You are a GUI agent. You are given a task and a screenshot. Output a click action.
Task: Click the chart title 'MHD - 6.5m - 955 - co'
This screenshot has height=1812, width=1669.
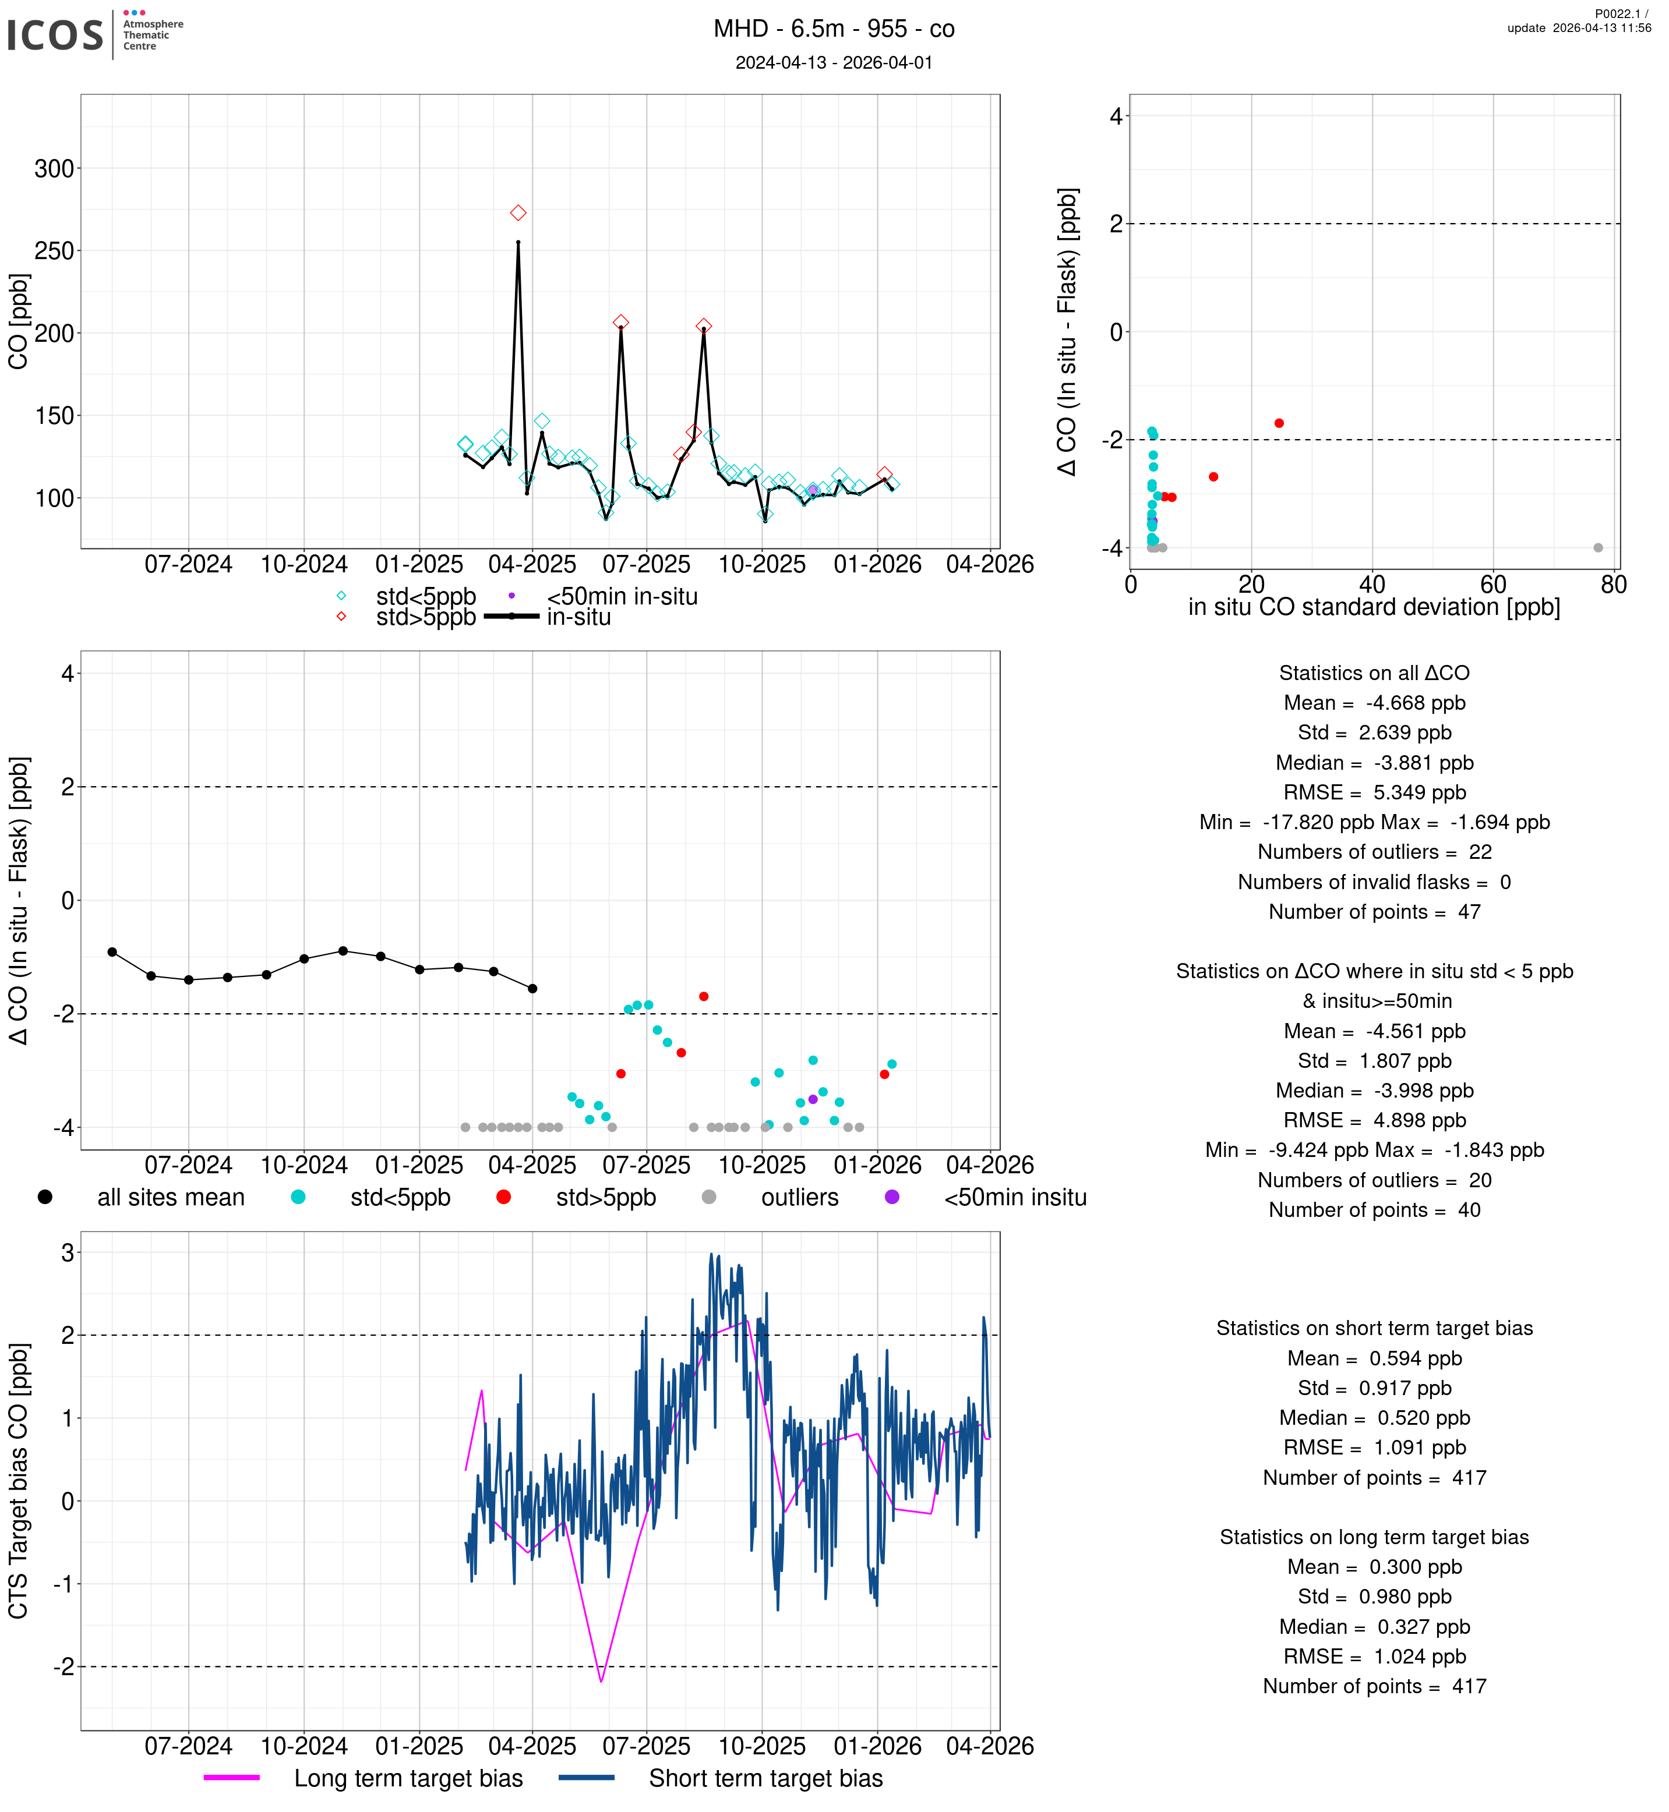pos(834,29)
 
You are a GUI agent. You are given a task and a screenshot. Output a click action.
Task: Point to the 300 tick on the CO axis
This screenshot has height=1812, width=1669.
pos(54,169)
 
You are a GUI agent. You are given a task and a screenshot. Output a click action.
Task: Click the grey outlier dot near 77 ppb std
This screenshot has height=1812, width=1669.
pos(1598,548)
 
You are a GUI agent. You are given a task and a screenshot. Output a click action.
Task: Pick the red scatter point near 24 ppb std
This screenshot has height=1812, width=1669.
pos(1279,423)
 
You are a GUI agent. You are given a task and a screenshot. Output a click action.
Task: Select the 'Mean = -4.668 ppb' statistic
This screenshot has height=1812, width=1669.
pos(1374,703)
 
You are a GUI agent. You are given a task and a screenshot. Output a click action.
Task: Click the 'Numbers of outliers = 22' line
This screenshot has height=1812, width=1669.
pos(1374,852)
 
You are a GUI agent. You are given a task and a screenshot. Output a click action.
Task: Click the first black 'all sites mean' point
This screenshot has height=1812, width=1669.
pos(112,953)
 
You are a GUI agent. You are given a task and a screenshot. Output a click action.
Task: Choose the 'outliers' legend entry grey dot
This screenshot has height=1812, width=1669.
pos(709,1197)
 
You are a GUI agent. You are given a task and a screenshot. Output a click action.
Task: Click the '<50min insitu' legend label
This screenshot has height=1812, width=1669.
pos(1015,1198)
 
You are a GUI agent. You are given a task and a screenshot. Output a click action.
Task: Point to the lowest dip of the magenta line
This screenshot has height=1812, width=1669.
pos(602,1681)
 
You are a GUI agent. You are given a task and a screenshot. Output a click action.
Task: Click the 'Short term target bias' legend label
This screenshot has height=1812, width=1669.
pos(766,1779)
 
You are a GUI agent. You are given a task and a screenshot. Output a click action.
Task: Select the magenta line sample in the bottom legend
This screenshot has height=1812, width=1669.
pos(232,1778)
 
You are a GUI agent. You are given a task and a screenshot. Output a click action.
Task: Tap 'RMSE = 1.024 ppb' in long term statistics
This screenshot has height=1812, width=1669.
pos(1374,1657)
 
